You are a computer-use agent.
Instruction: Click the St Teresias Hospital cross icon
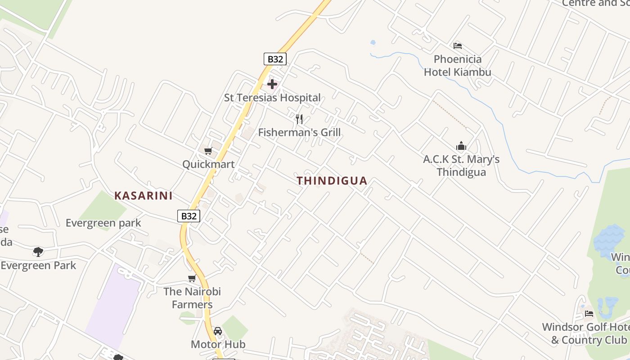[x=272, y=84]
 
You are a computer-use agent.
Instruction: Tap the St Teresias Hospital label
[x=272, y=98]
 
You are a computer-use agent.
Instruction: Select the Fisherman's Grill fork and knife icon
[x=299, y=119]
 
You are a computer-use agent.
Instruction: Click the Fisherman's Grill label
[x=299, y=133]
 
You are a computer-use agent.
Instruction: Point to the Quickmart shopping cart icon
[x=208, y=151]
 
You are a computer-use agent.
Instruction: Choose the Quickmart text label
[x=208, y=164]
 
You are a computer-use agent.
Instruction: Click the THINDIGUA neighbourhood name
[x=332, y=181]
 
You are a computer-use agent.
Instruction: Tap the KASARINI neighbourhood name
[x=144, y=196]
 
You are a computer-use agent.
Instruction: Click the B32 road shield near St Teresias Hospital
[x=275, y=59]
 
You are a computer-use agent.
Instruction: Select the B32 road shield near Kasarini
[x=189, y=216]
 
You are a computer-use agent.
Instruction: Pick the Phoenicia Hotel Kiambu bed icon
[x=458, y=45]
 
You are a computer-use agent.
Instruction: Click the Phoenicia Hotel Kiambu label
[x=458, y=66]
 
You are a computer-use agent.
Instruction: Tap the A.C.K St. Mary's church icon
[x=461, y=146]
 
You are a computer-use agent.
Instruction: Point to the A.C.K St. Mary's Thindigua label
[x=461, y=166]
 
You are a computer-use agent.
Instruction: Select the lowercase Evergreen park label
[x=103, y=223]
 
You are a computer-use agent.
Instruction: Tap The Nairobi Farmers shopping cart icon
[x=192, y=279]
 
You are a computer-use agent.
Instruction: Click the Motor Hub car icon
[x=218, y=331]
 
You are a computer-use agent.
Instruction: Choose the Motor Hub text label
[x=218, y=345]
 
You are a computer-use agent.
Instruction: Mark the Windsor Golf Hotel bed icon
[x=589, y=313]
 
